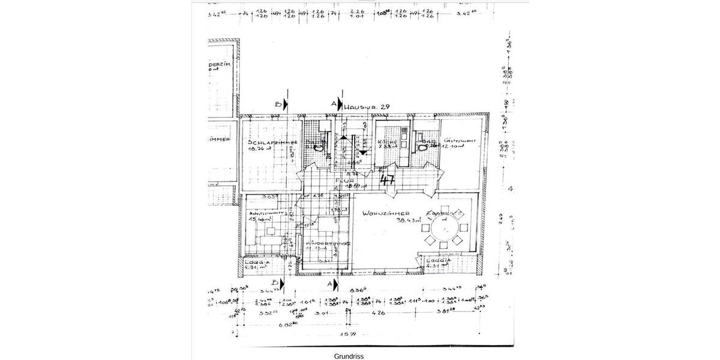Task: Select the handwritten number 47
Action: coord(388,179)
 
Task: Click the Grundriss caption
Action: coord(349,356)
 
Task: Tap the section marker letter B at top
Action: coord(278,104)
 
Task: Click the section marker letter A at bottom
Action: coord(329,282)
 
